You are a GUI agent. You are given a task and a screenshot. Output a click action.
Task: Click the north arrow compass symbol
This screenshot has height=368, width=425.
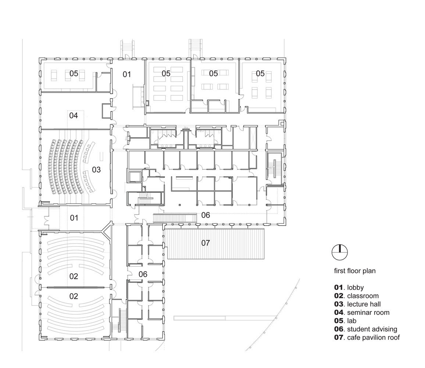click(340, 252)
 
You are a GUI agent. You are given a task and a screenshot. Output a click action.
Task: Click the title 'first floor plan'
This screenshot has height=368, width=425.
click(355, 271)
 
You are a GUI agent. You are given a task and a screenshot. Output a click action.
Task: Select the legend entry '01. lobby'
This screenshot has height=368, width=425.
click(349, 287)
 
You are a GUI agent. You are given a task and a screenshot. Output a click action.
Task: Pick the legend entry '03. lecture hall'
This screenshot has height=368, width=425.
click(357, 304)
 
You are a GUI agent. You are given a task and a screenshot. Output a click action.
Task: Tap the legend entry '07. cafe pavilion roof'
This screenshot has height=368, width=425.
click(367, 337)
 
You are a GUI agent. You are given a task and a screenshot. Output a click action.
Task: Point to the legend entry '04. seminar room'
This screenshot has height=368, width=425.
click(361, 313)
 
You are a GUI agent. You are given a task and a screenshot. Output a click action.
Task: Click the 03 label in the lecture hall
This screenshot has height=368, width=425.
click(96, 170)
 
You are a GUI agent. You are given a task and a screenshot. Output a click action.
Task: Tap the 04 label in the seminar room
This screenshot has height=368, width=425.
click(74, 116)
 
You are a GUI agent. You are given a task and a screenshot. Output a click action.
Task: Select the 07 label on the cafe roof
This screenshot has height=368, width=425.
click(206, 243)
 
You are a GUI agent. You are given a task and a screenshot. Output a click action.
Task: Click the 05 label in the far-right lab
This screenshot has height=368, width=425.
click(260, 74)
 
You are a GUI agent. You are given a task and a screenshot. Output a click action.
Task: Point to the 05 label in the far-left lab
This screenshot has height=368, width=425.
click(74, 74)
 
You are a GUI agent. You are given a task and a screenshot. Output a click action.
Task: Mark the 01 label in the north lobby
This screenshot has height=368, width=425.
click(126, 74)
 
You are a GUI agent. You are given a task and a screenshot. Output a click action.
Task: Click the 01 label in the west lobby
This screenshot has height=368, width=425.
click(74, 218)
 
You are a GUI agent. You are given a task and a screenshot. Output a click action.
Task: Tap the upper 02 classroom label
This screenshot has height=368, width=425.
click(74, 276)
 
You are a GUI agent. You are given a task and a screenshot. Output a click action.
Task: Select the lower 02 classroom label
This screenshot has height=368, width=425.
click(74, 296)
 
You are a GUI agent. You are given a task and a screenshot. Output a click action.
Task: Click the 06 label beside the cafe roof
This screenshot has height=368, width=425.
click(206, 215)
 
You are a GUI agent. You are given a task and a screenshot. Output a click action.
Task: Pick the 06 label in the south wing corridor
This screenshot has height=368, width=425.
click(143, 275)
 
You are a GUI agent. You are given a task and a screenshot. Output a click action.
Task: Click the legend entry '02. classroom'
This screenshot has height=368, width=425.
click(356, 296)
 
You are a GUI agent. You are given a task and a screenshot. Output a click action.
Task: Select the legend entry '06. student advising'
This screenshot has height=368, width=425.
click(366, 329)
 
